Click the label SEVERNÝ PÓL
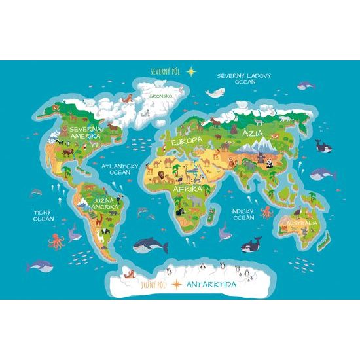[165, 70]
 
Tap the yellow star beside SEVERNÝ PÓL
[191, 70]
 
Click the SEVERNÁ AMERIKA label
[85, 134]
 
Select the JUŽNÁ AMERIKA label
[105, 204]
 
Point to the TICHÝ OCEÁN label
[43, 215]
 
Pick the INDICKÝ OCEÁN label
[243, 214]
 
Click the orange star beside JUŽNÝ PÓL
[176, 285]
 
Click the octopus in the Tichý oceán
[57, 239]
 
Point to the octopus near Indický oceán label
[267, 212]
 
